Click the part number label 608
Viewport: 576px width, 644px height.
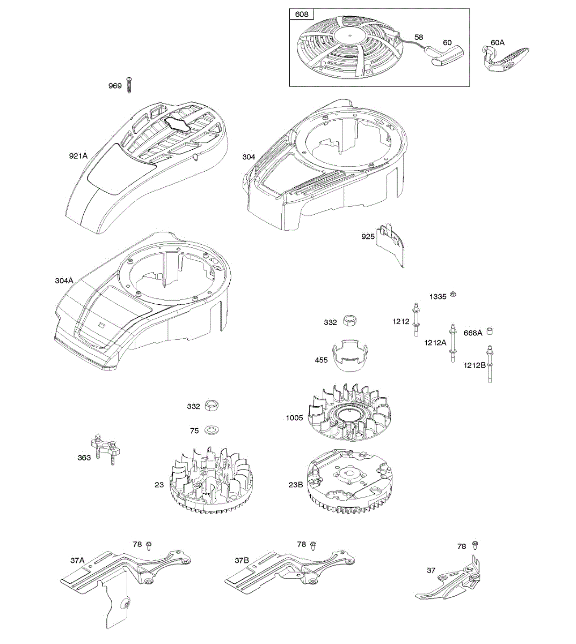point(302,14)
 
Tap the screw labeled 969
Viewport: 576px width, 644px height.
point(129,85)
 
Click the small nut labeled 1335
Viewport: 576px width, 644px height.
point(454,294)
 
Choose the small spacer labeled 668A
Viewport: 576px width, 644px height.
point(489,331)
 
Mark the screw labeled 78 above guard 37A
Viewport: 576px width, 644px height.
point(149,546)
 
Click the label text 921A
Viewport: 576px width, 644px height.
point(78,156)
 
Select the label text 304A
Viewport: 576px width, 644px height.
point(64,281)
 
